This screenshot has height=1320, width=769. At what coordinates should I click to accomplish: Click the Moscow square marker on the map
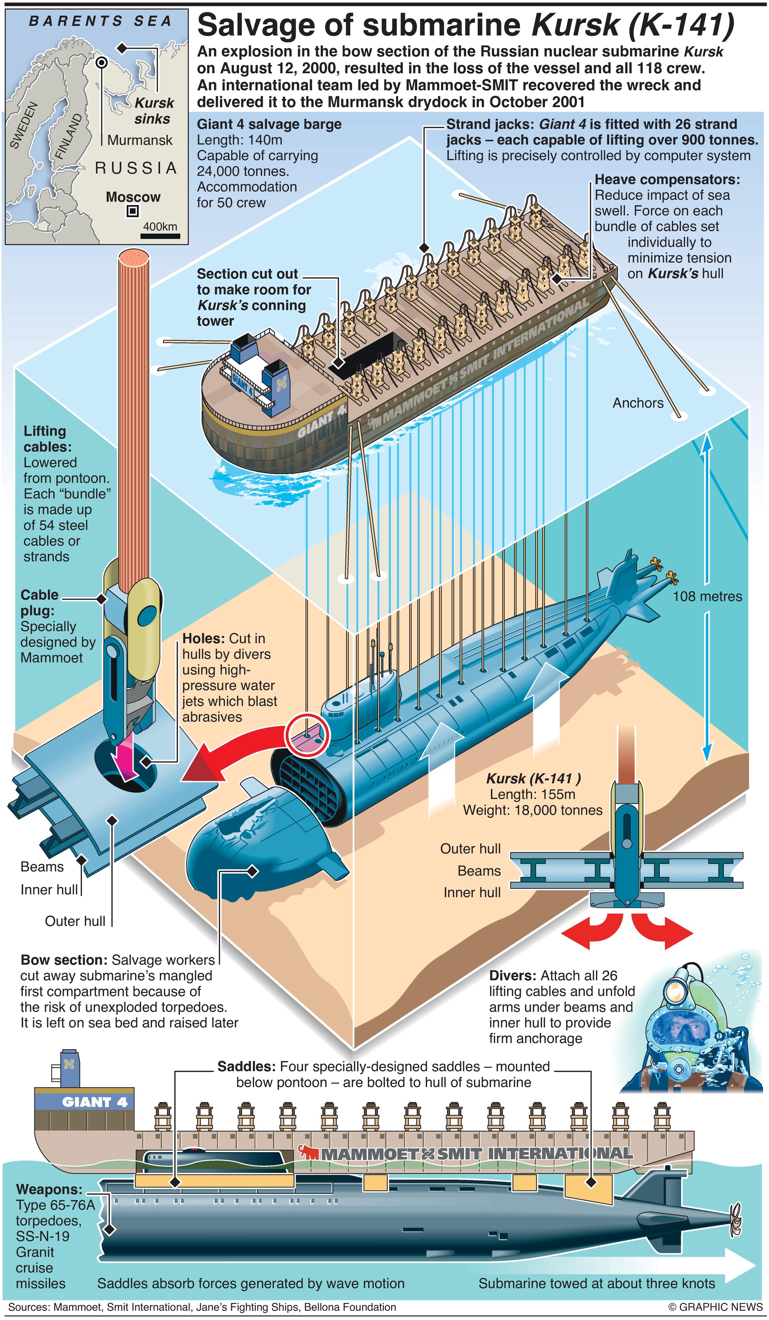133,211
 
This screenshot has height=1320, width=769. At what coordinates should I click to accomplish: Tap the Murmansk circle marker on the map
102,63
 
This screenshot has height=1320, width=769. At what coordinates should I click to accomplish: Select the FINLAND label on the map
68,136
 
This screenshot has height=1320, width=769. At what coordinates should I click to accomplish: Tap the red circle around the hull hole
307,734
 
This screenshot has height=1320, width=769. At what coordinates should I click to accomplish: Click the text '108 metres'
707,596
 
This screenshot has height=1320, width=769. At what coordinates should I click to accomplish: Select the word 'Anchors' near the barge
638,402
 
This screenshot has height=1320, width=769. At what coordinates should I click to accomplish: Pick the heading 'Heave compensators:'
667,180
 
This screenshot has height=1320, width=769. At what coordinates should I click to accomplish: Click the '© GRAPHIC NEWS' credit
715,1307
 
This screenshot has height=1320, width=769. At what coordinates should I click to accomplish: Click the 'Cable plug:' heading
39,602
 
